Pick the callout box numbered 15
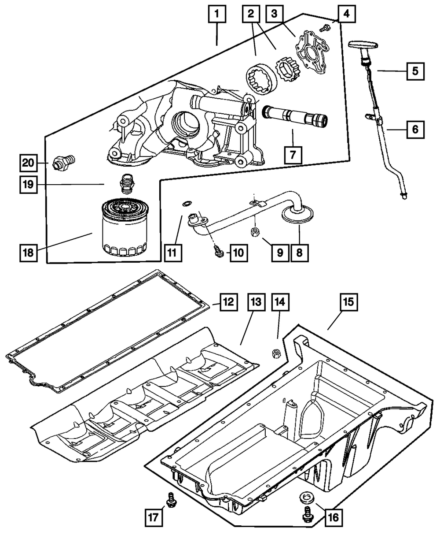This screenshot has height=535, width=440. pyautogui.click(x=348, y=304)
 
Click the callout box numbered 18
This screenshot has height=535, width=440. pyautogui.click(x=28, y=253)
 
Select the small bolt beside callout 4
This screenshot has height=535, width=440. pyautogui.click(x=326, y=28)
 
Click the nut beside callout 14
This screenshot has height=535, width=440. pyautogui.click(x=277, y=353)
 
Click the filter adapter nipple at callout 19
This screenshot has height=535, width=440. pyautogui.click(x=126, y=184)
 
